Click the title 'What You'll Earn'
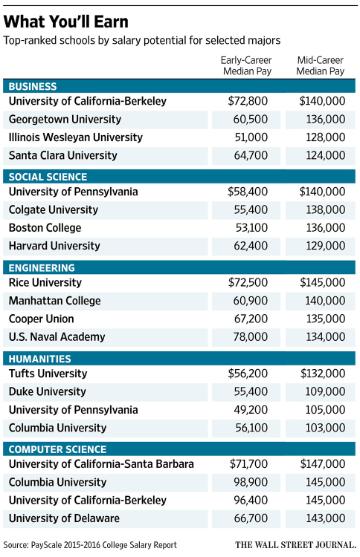pos(66,22)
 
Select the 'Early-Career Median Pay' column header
pos(247,66)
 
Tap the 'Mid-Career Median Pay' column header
pos(321,66)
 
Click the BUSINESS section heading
pos(33,87)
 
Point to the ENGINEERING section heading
pos(42,268)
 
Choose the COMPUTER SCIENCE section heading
pos(58,449)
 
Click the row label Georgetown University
pos(65,119)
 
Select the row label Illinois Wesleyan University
pos(76,137)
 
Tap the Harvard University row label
pos(54,246)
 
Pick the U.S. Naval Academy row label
pos(57,337)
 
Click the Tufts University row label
pos(48,373)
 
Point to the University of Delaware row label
pos(64,518)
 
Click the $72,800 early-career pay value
pos(248,101)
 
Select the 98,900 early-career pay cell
pos(251,482)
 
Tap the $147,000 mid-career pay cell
pos(323,464)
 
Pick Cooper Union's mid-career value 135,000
pos(326,319)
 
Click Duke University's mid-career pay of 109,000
pos(326,391)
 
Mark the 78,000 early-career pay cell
pos(251,337)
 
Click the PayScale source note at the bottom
pos(90,545)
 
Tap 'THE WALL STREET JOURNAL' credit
pos(295,545)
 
